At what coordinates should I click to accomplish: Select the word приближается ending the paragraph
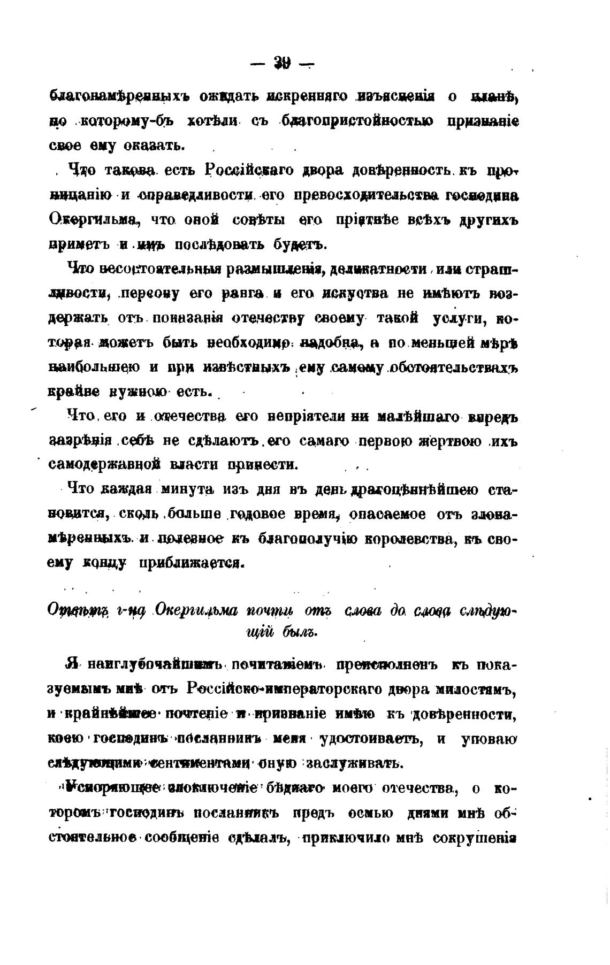(190, 563)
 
